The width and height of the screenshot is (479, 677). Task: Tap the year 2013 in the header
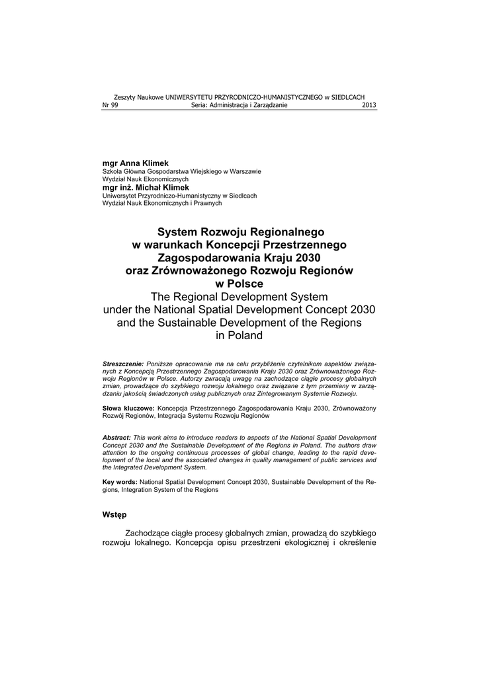[x=369, y=105]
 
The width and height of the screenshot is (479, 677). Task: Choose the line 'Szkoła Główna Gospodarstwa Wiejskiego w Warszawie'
[x=181, y=172]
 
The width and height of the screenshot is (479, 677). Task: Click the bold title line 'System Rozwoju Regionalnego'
[x=239, y=232]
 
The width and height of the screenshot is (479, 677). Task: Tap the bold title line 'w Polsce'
[x=239, y=284]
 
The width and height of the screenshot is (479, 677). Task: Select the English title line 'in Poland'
[x=239, y=335]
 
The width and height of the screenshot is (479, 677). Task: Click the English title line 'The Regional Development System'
[x=239, y=297]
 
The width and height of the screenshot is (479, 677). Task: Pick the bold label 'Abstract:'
[x=117, y=438]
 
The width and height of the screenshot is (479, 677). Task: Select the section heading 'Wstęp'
[x=114, y=514]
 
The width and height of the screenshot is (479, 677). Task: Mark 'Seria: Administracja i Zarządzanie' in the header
[x=239, y=105]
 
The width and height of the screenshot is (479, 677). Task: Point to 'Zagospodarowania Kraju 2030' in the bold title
[x=239, y=258]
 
